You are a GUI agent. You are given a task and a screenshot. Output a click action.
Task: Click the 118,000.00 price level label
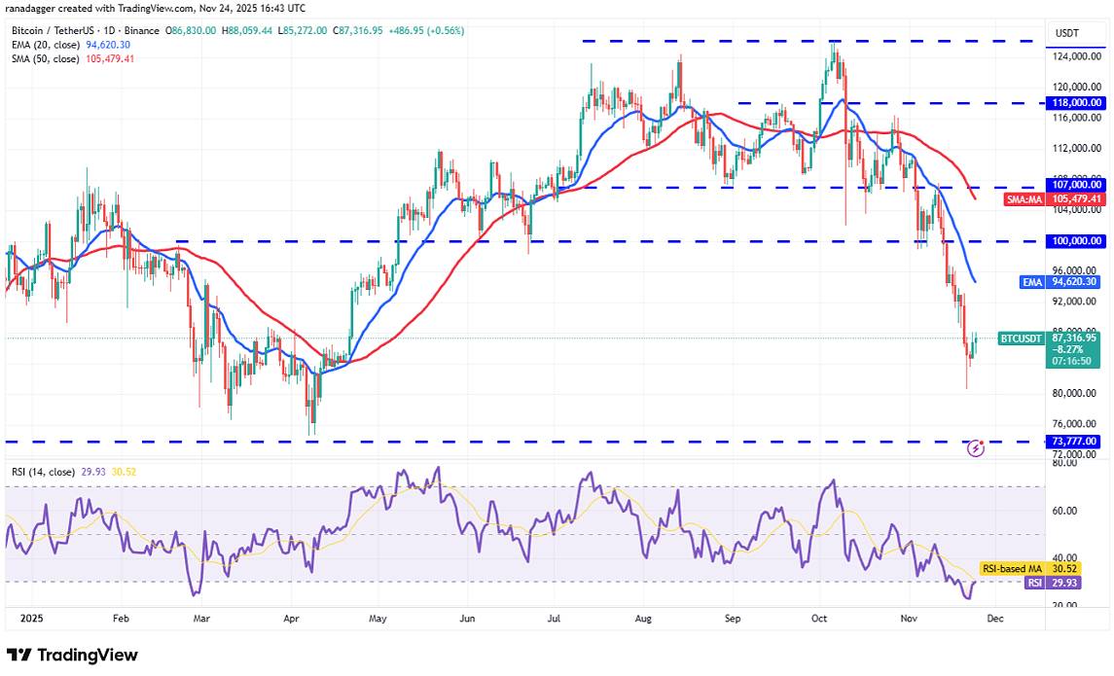click(x=1075, y=102)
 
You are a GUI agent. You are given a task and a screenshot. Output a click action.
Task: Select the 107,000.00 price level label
click(x=1075, y=184)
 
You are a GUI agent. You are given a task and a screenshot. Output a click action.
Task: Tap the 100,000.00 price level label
click(x=1075, y=240)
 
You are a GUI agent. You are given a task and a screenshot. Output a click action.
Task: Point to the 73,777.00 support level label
click(x=1075, y=441)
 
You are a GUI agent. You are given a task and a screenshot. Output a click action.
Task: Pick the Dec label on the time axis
click(x=996, y=618)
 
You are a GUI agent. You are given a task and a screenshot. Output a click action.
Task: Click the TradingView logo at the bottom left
click(x=73, y=656)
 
